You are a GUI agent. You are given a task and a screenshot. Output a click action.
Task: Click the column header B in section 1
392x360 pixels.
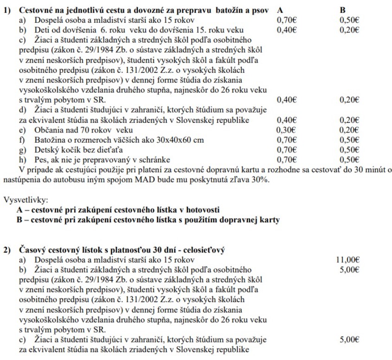tap(342, 10)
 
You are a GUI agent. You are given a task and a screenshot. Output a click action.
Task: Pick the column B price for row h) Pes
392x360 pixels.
tap(349, 158)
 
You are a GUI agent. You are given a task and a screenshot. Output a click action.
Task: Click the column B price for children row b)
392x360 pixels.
tap(349, 30)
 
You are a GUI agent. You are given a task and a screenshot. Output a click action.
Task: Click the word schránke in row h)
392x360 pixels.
tap(154, 158)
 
